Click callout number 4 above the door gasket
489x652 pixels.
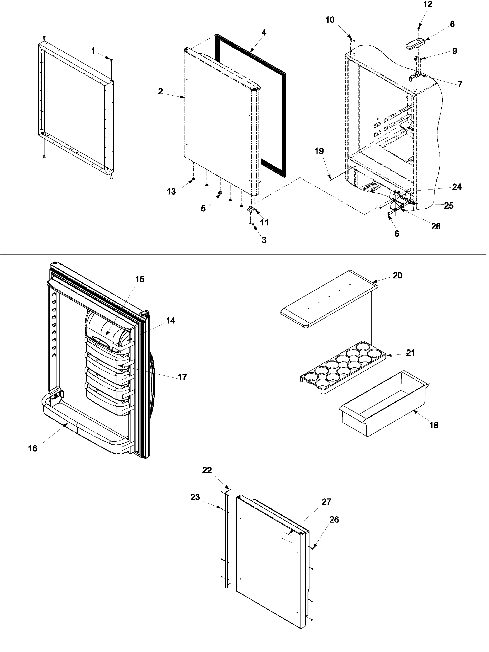[x=264, y=33]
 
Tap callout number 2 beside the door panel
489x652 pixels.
[x=160, y=91]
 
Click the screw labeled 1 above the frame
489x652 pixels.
[x=111, y=60]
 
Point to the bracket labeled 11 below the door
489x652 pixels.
[x=251, y=210]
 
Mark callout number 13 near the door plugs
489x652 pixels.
[x=171, y=191]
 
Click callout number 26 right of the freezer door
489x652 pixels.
[x=334, y=520]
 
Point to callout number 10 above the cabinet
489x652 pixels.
[x=330, y=20]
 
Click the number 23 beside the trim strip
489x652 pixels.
[x=195, y=497]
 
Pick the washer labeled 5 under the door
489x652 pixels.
[x=220, y=193]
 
